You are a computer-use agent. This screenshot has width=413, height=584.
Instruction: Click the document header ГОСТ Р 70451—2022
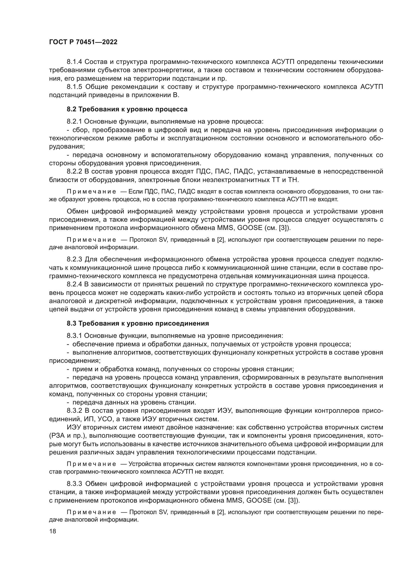(x=83, y=42)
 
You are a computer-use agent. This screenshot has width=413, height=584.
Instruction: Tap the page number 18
(x=52, y=531)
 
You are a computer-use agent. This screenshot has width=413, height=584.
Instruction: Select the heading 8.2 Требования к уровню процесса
(x=127, y=109)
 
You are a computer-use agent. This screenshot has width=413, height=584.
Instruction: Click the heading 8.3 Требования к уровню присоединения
(x=138, y=323)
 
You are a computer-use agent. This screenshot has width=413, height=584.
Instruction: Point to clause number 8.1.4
(x=74, y=62)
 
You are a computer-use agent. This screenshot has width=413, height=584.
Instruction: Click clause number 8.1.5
(x=74, y=87)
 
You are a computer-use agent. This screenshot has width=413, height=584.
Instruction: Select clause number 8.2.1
(x=74, y=121)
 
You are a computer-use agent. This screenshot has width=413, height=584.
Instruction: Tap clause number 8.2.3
(x=74, y=259)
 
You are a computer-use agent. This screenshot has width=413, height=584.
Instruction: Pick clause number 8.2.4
(x=74, y=284)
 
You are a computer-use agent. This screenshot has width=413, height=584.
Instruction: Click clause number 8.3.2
(x=74, y=410)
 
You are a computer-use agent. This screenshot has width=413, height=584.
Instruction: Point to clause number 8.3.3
(x=74, y=484)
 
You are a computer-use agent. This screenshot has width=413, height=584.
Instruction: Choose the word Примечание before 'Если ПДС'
(x=91, y=191)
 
